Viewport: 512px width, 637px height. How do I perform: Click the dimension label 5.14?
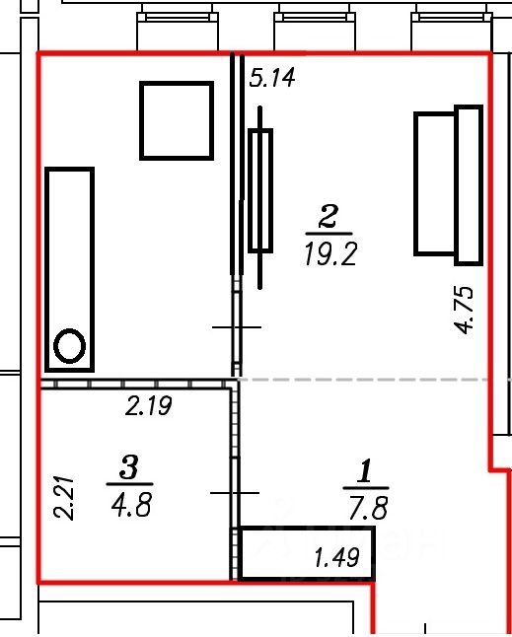pyautogui.click(x=272, y=78)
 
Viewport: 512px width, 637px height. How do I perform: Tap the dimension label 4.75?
pyautogui.click(x=465, y=311)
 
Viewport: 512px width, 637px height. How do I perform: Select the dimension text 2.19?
pyautogui.click(x=149, y=406)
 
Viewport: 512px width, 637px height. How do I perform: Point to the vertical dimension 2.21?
pyautogui.click(x=64, y=498)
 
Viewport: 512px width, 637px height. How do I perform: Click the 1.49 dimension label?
pyautogui.click(x=337, y=557)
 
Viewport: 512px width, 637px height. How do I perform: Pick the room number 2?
pyautogui.click(x=329, y=217)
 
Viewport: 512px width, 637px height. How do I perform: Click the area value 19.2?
pyautogui.click(x=330, y=254)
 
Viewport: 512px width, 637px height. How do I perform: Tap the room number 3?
pyautogui.click(x=129, y=467)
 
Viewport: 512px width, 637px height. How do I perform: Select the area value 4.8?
pyautogui.click(x=131, y=505)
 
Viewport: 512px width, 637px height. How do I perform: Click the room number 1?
pyautogui.click(x=365, y=470)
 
